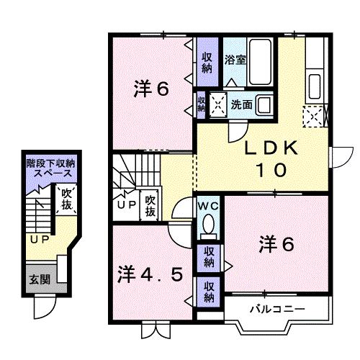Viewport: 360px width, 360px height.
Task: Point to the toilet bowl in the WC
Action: (x=209, y=227)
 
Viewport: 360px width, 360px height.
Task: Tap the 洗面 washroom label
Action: (x=241, y=104)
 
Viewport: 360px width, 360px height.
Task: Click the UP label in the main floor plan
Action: (x=126, y=204)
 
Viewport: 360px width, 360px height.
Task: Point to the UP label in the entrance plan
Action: (x=39, y=238)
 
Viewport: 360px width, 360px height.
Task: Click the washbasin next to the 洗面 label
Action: (x=264, y=104)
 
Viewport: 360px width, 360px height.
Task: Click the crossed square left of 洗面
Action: (x=217, y=104)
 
